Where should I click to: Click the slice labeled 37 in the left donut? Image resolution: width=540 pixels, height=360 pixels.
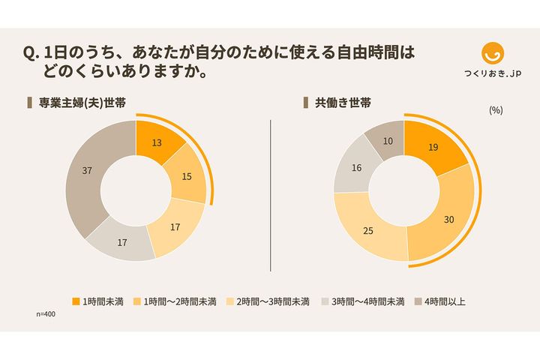pyautogui.click(x=86, y=171)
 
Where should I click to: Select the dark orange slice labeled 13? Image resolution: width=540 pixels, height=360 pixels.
pyautogui.click(x=157, y=142)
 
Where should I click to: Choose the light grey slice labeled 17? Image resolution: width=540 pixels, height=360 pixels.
pyautogui.click(x=121, y=242)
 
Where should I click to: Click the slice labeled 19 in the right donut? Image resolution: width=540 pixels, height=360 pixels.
pyautogui.click(x=433, y=148)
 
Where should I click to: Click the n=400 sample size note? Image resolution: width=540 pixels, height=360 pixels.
pyautogui.click(x=46, y=313)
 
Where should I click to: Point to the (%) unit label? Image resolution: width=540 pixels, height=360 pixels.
pyautogui.click(x=495, y=109)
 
